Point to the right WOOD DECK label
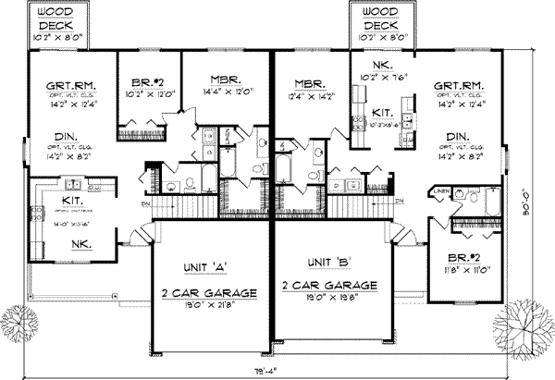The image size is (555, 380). click(376, 18)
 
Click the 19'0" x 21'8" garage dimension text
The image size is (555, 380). click(205, 303)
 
